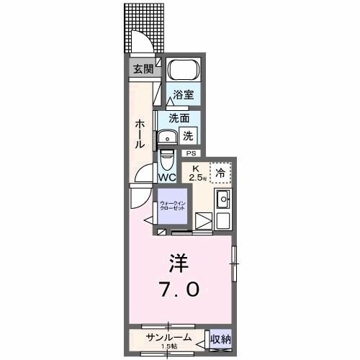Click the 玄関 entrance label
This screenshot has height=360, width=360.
tap(143, 69)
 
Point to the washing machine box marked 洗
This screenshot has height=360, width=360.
tap(186, 134)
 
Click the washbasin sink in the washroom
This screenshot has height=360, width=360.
tap(170, 137)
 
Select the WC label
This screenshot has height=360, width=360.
tap(167, 177)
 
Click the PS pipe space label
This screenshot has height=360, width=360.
tap(191, 153)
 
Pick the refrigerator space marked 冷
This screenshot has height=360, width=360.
tap(221, 171)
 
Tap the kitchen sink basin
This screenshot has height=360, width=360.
tap(223, 199)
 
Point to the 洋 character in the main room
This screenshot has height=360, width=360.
tap(179, 260)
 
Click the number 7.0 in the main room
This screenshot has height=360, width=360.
tap(180, 290)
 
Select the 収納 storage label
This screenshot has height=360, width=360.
tap(220, 338)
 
